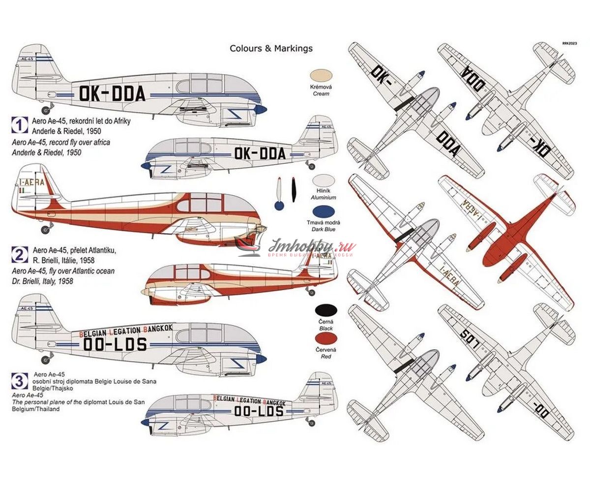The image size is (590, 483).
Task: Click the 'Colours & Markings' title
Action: point(271,48)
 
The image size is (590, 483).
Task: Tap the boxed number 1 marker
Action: point(19,125)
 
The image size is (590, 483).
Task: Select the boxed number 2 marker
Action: point(19,254)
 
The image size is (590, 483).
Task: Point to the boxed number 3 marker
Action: point(19,381)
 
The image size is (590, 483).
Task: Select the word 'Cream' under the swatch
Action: point(320,93)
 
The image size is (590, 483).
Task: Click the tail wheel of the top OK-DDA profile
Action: point(46,110)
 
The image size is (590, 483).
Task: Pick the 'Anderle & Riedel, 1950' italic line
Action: point(47,152)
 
